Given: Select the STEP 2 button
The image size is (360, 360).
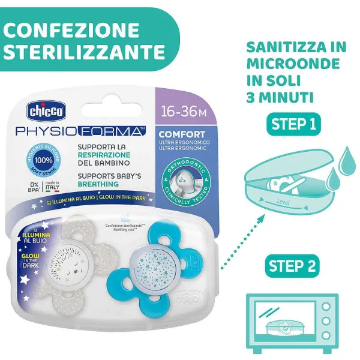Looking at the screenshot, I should point(293,266).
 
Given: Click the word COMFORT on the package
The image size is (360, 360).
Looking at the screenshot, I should point(181,133).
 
